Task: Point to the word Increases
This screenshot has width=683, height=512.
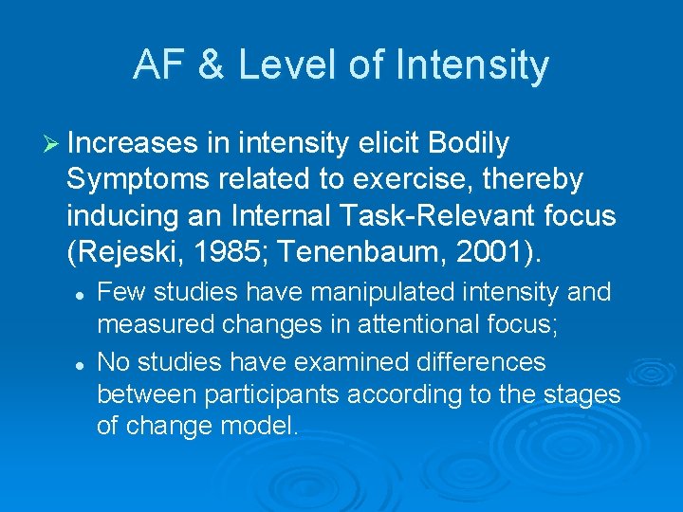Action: (x=134, y=143)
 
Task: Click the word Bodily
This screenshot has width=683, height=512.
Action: (x=469, y=143)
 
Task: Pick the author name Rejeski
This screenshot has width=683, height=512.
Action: (x=123, y=251)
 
